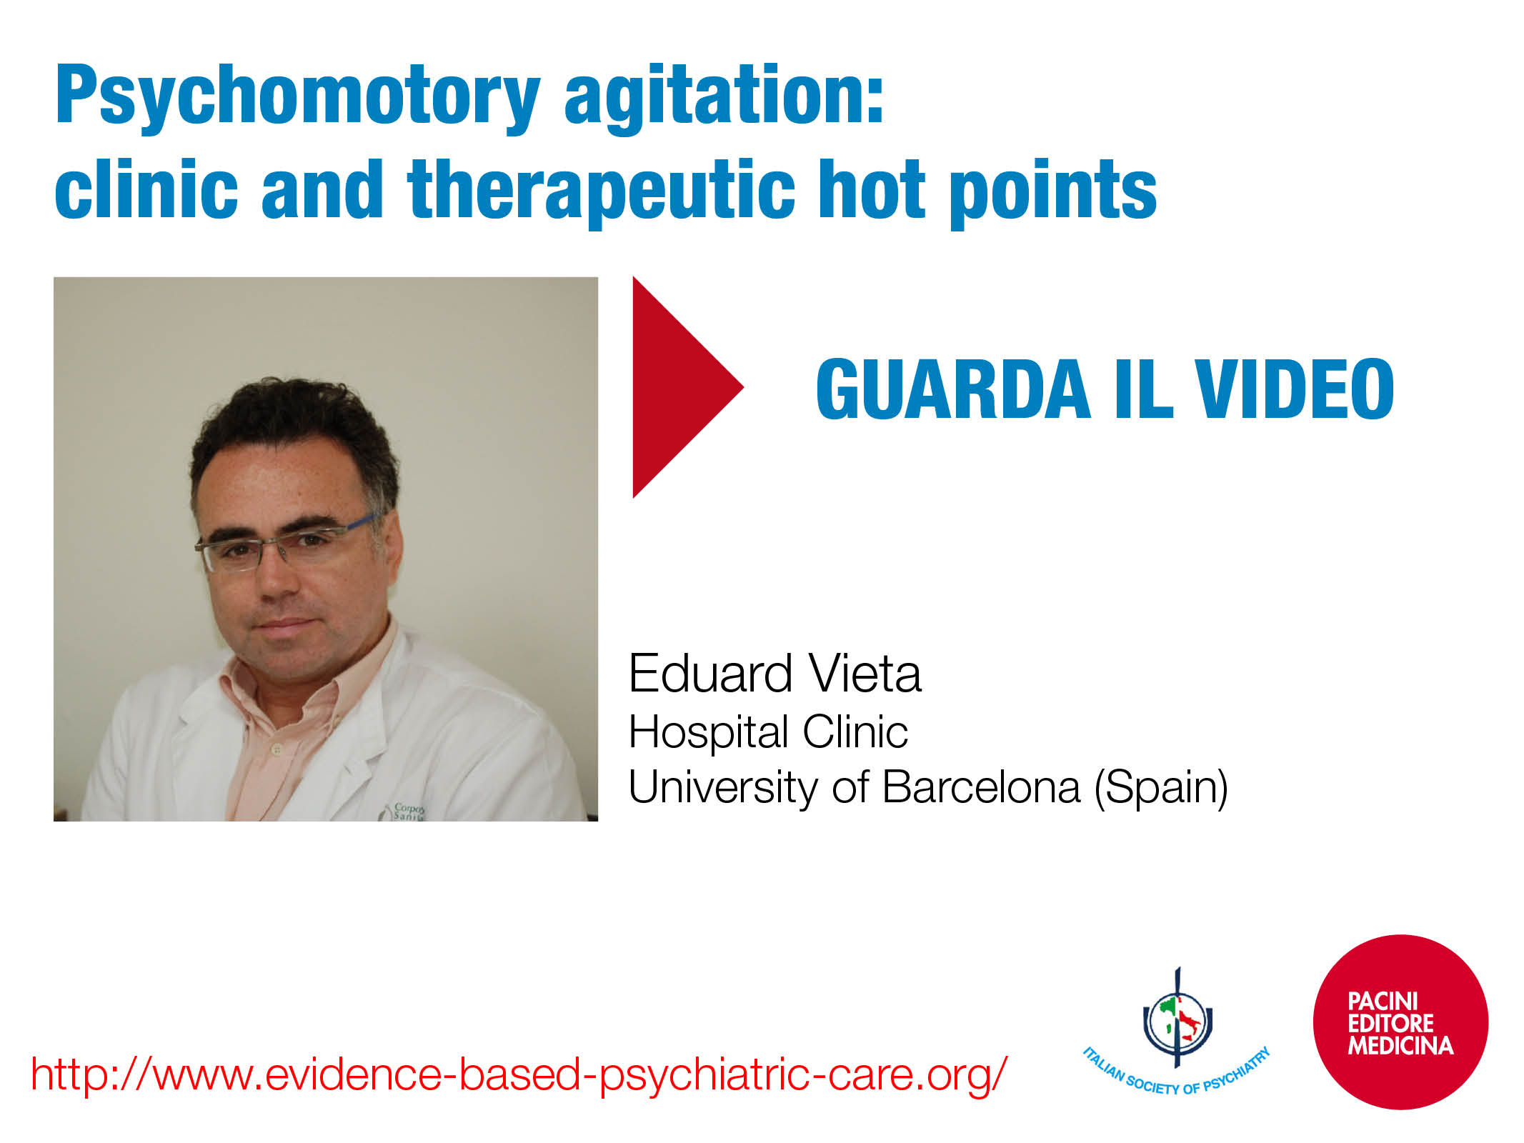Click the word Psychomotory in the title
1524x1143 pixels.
click(298, 97)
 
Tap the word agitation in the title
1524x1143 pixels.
click(724, 97)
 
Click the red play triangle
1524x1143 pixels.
click(679, 387)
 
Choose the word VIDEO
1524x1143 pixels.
click(1294, 389)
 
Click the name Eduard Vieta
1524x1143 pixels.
click(775, 674)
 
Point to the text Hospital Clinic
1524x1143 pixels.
click(768, 732)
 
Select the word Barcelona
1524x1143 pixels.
click(981, 787)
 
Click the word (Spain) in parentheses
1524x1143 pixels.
click(1162, 788)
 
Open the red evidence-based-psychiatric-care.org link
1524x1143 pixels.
click(519, 1074)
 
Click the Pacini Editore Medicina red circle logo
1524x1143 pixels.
click(1400, 1022)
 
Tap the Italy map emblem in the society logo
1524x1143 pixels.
click(1177, 1018)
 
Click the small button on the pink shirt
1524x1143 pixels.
click(277, 750)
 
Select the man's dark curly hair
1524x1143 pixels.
click(293, 436)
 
